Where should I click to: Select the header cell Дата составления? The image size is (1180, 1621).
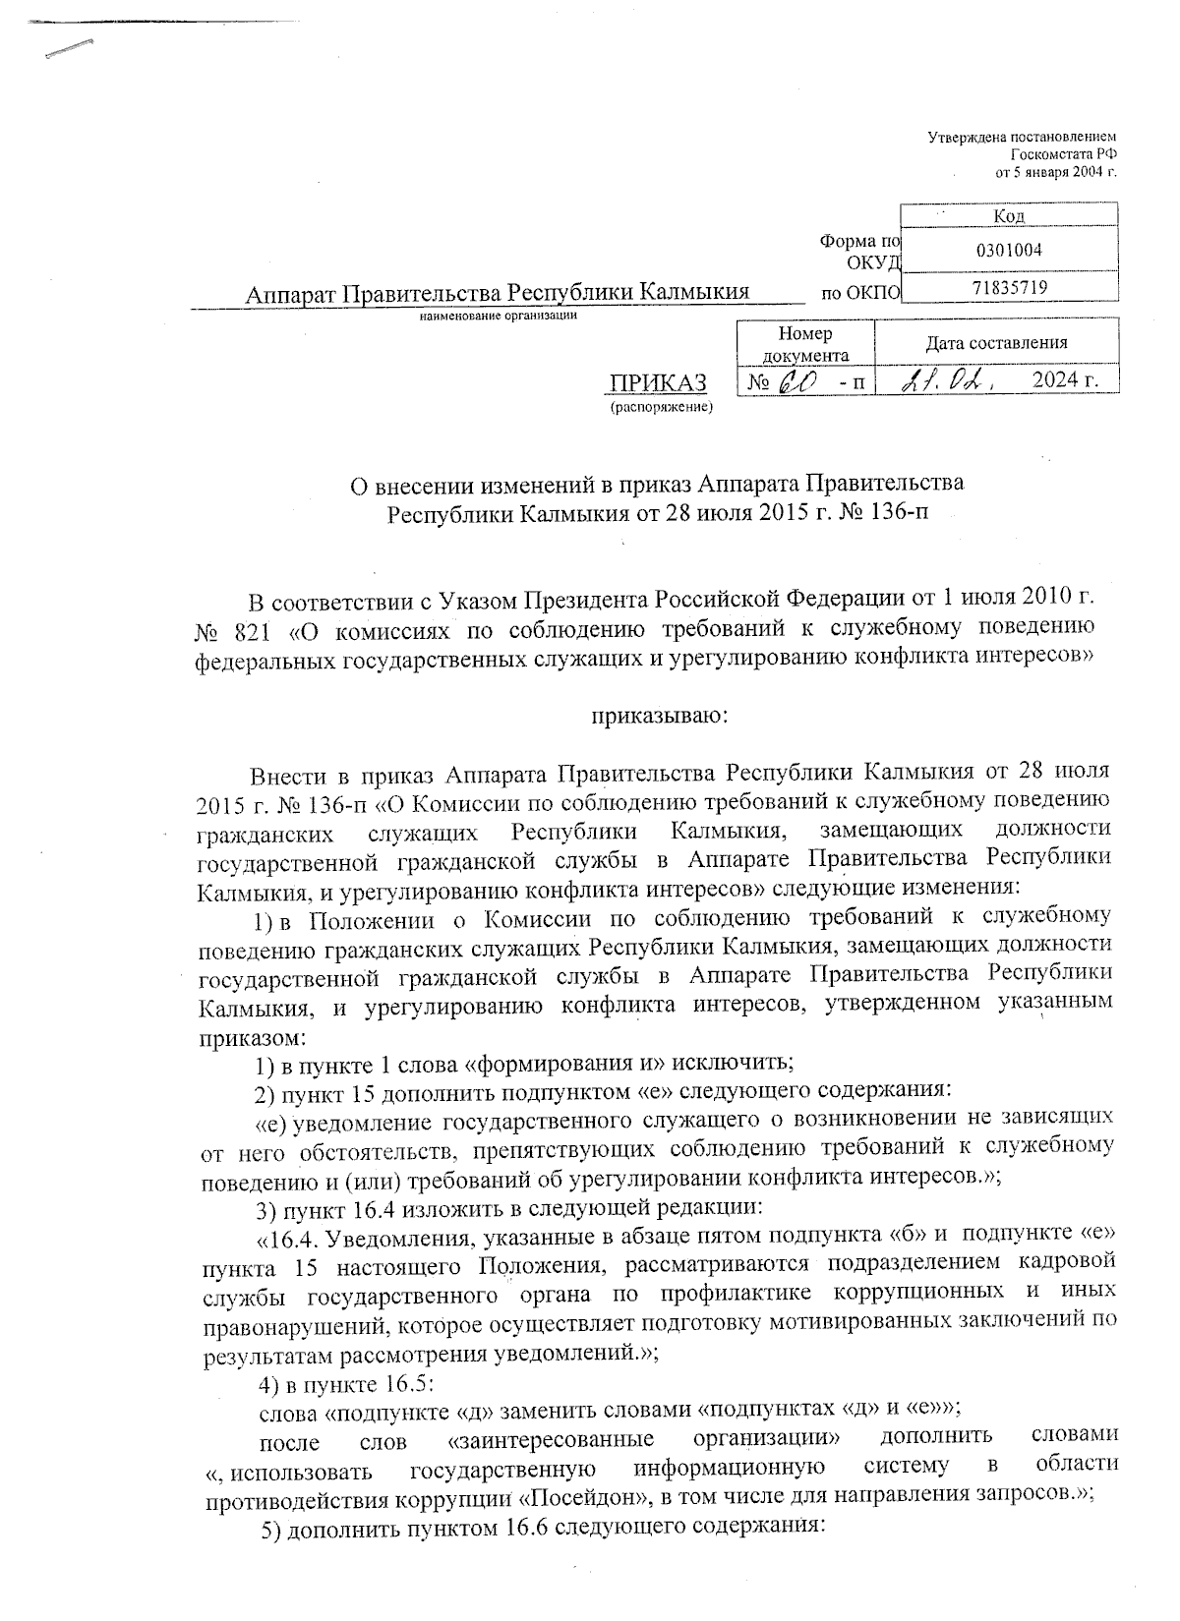click(x=995, y=343)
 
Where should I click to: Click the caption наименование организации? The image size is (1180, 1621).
click(x=498, y=316)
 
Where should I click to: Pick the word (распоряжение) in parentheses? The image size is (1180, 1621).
click(x=661, y=405)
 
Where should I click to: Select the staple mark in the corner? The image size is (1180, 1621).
click(x=68, y=50)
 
